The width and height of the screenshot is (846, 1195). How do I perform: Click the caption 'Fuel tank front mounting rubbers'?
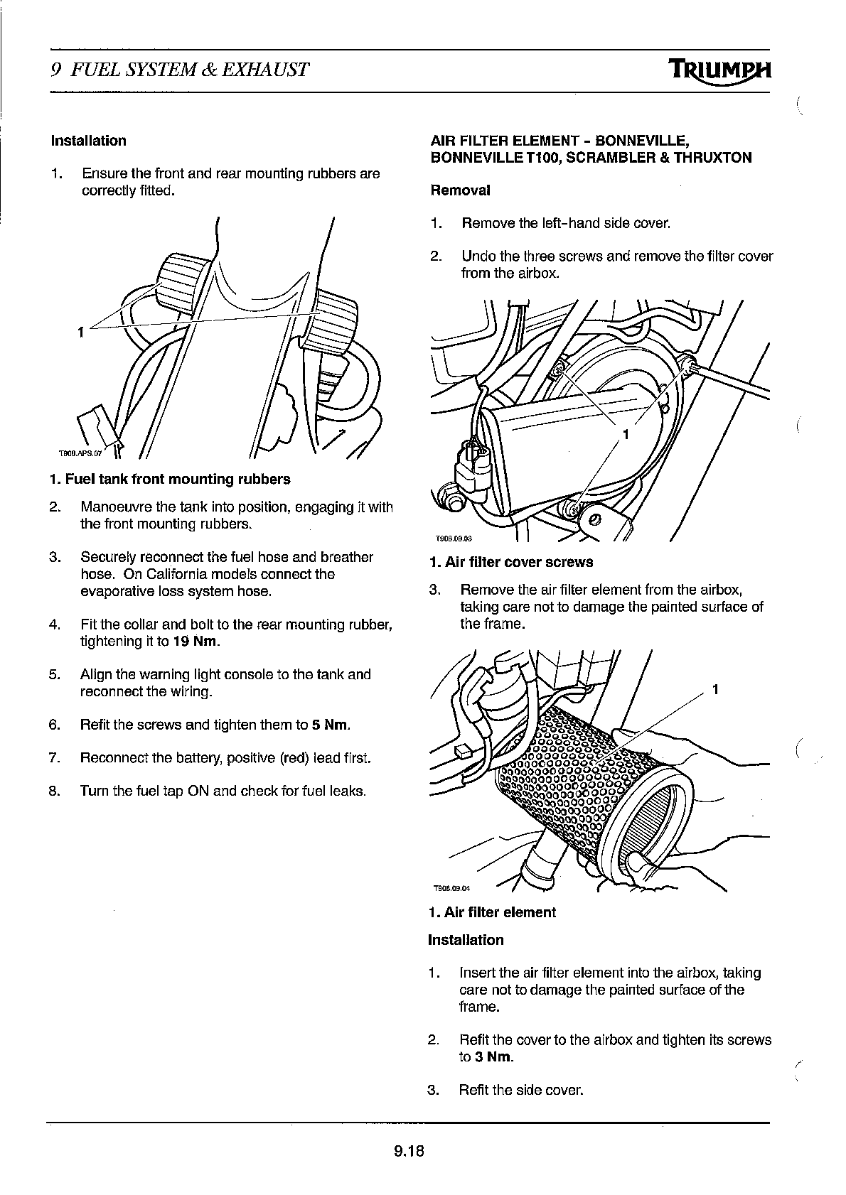(177, 480)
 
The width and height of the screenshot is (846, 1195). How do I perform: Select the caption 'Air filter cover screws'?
(518, 562)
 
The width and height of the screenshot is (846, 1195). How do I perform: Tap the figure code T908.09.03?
(449, 538)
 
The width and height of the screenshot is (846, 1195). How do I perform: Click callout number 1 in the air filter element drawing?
(716, 689)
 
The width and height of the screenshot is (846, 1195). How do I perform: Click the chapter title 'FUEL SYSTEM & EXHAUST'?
(191, 70)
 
